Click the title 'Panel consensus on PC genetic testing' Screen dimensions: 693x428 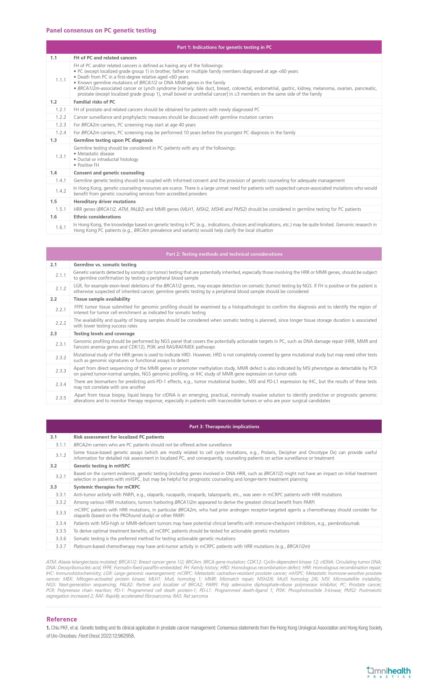point(101,30)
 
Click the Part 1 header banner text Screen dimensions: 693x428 point(224,47)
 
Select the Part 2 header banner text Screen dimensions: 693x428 point(224,254)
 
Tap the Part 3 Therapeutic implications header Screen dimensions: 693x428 point(224,426)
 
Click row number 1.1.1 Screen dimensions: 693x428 point(61,80)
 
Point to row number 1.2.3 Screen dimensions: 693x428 point(61,125)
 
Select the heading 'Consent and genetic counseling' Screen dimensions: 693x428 point(109,173)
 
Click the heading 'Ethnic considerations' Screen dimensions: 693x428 point(97,217)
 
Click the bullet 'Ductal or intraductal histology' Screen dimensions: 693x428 point(108,159)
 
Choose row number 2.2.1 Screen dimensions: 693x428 point(61,310)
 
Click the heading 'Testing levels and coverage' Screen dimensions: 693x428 point(104,334)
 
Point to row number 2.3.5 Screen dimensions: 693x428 point(61,398)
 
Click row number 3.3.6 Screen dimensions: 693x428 point(61,539)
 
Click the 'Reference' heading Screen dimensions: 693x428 point(62,619)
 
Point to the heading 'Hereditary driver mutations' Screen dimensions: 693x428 point(105,202)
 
